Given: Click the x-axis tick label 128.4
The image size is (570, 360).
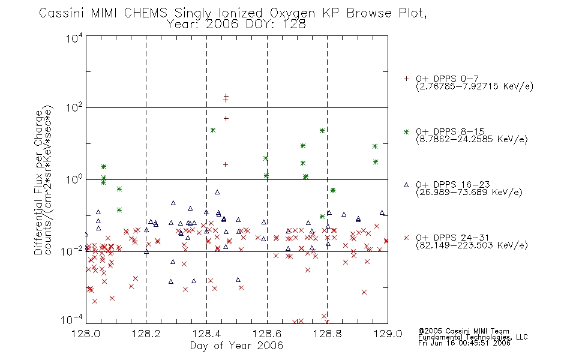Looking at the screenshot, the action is [206, 334].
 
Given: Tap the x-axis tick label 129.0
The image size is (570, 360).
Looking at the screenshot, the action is [388, 334].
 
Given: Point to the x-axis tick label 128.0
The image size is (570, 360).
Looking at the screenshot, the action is [86, 334].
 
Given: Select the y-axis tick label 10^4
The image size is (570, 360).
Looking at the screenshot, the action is [74, 38].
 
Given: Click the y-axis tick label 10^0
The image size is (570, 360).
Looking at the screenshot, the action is [74, 179].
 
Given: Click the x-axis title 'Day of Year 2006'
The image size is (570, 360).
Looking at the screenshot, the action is [236, 346].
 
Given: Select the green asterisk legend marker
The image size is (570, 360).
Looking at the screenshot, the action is [406, 132].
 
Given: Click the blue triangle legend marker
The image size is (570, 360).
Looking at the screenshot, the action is [406, 185].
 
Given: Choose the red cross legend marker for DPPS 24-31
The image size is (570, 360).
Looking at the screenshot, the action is [406, 238].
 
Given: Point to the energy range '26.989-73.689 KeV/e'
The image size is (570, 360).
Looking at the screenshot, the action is [469, 193].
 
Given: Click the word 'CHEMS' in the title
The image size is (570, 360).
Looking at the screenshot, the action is [145, 13].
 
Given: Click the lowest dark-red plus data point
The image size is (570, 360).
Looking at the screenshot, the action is [226, 165].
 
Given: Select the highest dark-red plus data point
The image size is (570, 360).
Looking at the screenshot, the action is [226, 96].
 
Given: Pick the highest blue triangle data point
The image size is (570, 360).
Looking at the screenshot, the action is [217, 192].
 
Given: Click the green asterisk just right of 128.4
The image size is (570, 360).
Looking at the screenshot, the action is [213, 130].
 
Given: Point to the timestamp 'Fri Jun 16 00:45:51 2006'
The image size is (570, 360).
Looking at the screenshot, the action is [464, 343].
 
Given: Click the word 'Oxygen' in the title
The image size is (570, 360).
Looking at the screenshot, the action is [292, 14].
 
